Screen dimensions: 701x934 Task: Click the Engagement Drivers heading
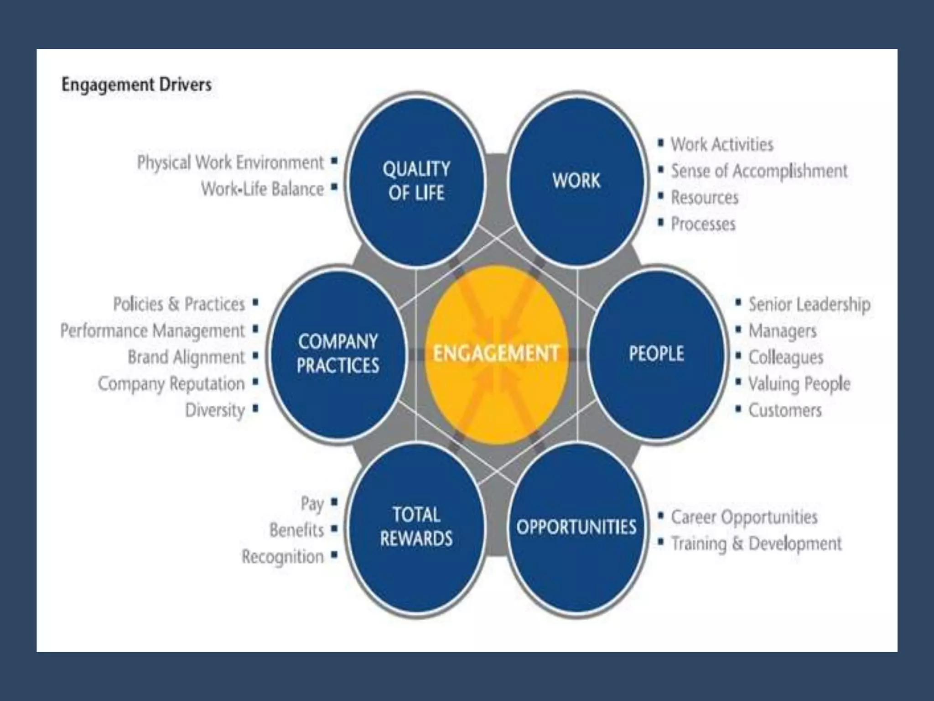point(136,85)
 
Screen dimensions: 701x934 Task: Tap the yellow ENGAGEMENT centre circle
point(496,354)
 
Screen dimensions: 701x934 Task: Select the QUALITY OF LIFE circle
point(416,181)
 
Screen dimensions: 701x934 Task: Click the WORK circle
point(576,181)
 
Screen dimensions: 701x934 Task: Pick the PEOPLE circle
point(657,354)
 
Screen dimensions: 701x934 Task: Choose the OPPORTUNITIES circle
point(576,527)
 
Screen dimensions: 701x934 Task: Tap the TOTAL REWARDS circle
point(416,527)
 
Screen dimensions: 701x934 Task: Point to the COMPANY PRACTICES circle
point(337,354)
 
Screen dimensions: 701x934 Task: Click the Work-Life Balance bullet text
point(262,189)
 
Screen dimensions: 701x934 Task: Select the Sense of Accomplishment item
point(759,171)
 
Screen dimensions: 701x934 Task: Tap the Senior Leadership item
point(809,304)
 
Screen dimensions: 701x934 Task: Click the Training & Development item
point(756,544)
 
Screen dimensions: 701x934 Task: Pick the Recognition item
point(283,557)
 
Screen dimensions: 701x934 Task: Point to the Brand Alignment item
point(186,357)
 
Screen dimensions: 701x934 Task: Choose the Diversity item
point(215,410)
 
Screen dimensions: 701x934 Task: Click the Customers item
point(785,410)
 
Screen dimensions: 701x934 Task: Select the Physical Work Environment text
point(230,162)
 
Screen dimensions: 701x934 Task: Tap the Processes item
point(703,224)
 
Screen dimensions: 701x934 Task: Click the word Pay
point(312,504)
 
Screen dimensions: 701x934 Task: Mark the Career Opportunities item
point(744,517)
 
